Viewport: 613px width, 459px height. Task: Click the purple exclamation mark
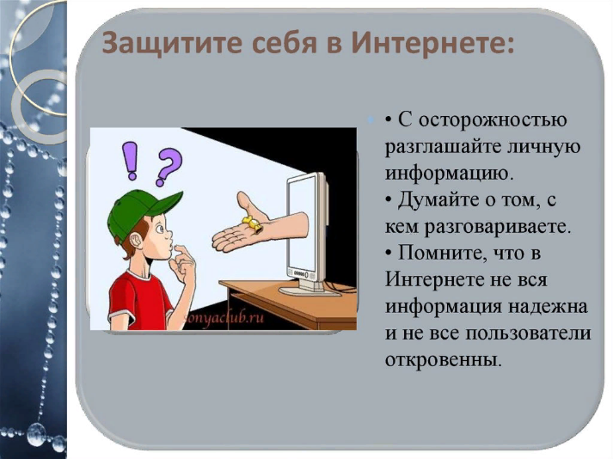click(131, 161)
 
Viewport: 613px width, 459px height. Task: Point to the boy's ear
click(136, 240)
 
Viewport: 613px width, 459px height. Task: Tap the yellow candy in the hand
click(253, 224)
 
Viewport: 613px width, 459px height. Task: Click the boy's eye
click(160, 229)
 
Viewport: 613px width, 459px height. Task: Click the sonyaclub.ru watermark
click(224, 317)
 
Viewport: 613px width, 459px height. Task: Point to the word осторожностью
click(482, 120)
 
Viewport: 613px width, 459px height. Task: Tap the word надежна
click(549, 307)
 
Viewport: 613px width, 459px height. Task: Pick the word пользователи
click(529, 334)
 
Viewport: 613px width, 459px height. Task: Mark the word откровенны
click(443, 360)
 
